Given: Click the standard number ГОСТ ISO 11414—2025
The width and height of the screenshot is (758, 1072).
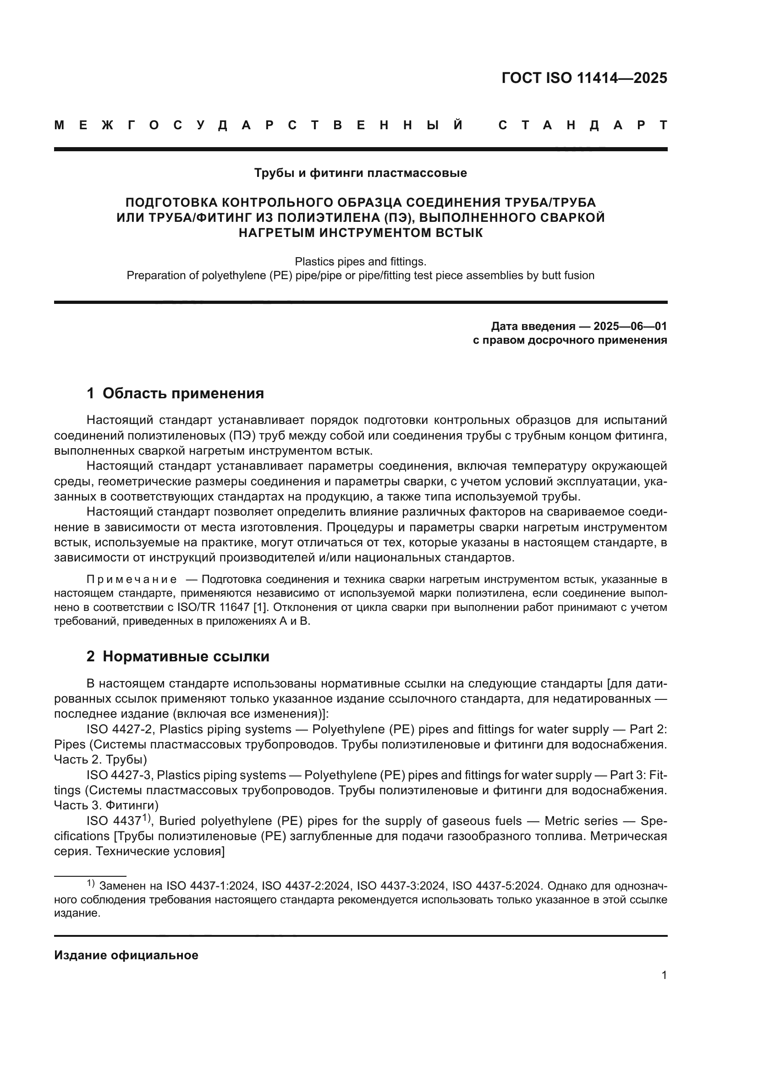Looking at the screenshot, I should click(584, 78).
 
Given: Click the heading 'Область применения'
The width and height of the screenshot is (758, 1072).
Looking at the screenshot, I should click(183, 393).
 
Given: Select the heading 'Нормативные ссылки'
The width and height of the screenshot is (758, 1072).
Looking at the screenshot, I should click(186, 656).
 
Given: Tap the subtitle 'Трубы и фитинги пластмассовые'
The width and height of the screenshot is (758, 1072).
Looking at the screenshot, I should click(360, 173).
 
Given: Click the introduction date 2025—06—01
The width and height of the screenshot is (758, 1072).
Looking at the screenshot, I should click(630, 326).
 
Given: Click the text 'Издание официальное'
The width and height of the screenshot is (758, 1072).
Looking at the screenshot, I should click(126, 955).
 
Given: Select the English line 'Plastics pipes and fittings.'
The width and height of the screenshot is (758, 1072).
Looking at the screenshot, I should click(360, 261).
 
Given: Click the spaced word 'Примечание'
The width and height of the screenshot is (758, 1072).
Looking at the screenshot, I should click(132, 580).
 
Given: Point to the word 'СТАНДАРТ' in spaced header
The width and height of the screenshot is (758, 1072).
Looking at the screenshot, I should click(583, 126).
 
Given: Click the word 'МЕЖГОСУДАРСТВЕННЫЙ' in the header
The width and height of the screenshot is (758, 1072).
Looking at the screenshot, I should click(258, 126).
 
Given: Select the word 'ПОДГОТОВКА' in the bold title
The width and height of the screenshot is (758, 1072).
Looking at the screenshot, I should click(171, 203).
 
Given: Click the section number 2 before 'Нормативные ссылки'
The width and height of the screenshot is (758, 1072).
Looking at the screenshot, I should click(90, 656).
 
